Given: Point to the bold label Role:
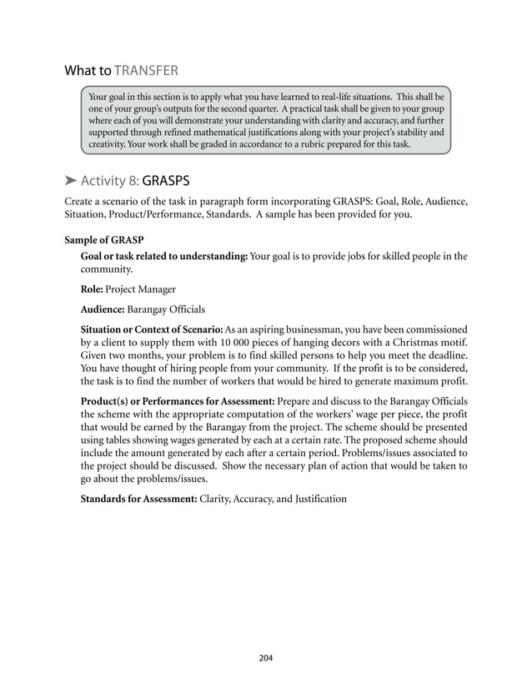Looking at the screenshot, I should click(x=92, y=289).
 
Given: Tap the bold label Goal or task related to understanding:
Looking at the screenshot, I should click(x=163, y=256).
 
